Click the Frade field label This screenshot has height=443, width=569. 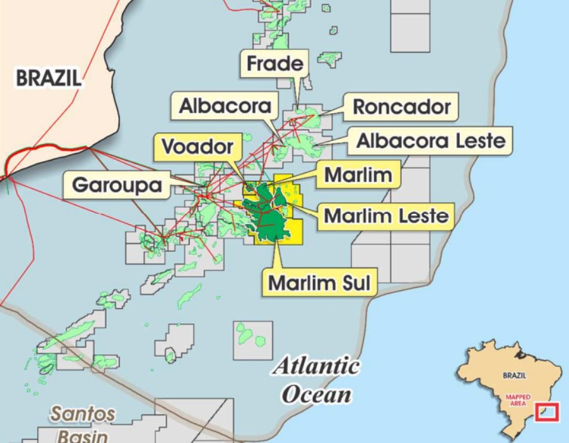(274, 64)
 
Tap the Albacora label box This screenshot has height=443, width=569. (225, 106)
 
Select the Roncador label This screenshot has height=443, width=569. (401, 106)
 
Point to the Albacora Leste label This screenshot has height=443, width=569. (431, 140)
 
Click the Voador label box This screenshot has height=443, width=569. (197, 147)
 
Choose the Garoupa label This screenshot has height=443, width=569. (117, 185)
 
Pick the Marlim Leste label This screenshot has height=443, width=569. (386, 216)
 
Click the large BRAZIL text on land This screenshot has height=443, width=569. (48, 78)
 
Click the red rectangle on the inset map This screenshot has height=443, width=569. (547, 412)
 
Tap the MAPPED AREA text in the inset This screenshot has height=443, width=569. (518, 400)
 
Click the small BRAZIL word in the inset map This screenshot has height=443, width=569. (514, 375)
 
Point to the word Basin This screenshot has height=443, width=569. (83, 436)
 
